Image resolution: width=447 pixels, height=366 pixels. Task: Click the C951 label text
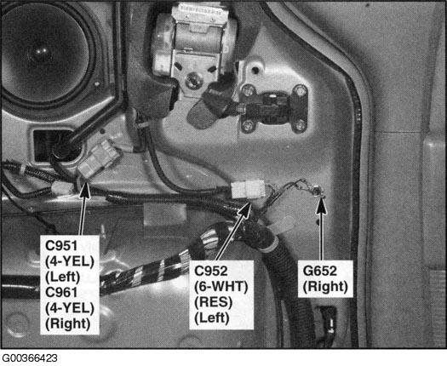61,246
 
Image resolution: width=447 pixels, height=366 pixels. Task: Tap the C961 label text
61,292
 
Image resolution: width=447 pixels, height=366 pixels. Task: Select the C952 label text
210,271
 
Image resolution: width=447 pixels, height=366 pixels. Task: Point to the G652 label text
319,271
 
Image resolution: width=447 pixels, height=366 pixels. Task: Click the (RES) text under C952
213,302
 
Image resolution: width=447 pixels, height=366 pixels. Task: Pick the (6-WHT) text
221,287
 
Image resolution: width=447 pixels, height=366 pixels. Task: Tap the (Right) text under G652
325,287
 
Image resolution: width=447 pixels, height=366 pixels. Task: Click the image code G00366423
29,358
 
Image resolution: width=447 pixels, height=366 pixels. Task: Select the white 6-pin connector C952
248,189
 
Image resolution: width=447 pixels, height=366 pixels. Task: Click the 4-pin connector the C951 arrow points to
98,161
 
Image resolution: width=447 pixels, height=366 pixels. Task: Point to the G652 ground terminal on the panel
316,190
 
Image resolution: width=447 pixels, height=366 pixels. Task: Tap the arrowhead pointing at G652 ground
321,205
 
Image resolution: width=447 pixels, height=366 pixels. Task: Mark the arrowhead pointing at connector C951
85,191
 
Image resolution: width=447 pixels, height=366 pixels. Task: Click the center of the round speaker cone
40,53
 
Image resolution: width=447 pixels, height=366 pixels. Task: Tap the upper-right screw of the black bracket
300,91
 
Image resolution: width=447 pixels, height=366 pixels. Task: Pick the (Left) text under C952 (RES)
212,317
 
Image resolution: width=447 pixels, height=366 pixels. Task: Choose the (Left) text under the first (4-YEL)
63,277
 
